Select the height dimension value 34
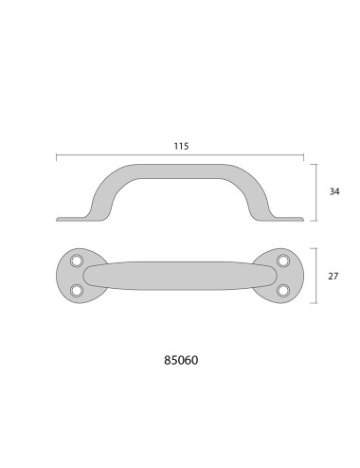[333, 191]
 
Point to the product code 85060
[180, 361]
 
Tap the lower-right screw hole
[281, 290]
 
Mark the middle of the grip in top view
[180, 276]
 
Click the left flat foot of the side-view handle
[71, 219]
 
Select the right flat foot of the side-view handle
[289, 219]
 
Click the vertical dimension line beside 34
[315, 191]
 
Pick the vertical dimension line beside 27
[315, 276]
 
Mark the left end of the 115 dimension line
[57, 155]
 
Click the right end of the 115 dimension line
[303, 155]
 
